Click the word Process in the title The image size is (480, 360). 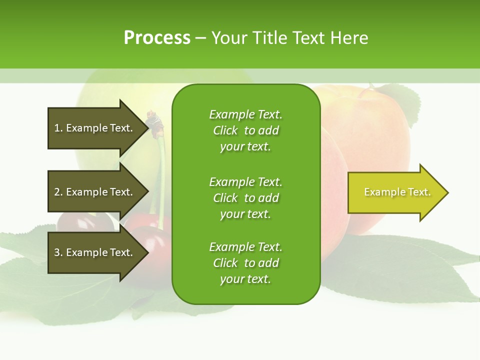click(157, 38)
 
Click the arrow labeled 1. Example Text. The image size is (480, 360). click(98, 128)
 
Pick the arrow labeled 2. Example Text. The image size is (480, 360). click(98, 191)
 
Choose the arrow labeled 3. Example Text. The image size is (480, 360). click(98, 252)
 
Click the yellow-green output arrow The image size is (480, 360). click(398, 192)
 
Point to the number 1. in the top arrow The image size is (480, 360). click(59, 128)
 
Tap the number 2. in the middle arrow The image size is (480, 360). click(59, 192)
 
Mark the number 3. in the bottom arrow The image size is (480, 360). click(59, 252)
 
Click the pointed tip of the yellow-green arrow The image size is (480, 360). click(448, 192)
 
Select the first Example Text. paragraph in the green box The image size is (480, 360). click(246, 130)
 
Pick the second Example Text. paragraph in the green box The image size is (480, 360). click(246, 198)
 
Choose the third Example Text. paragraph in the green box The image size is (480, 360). click(246, 263)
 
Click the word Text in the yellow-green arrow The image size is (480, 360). click(419, 192)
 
